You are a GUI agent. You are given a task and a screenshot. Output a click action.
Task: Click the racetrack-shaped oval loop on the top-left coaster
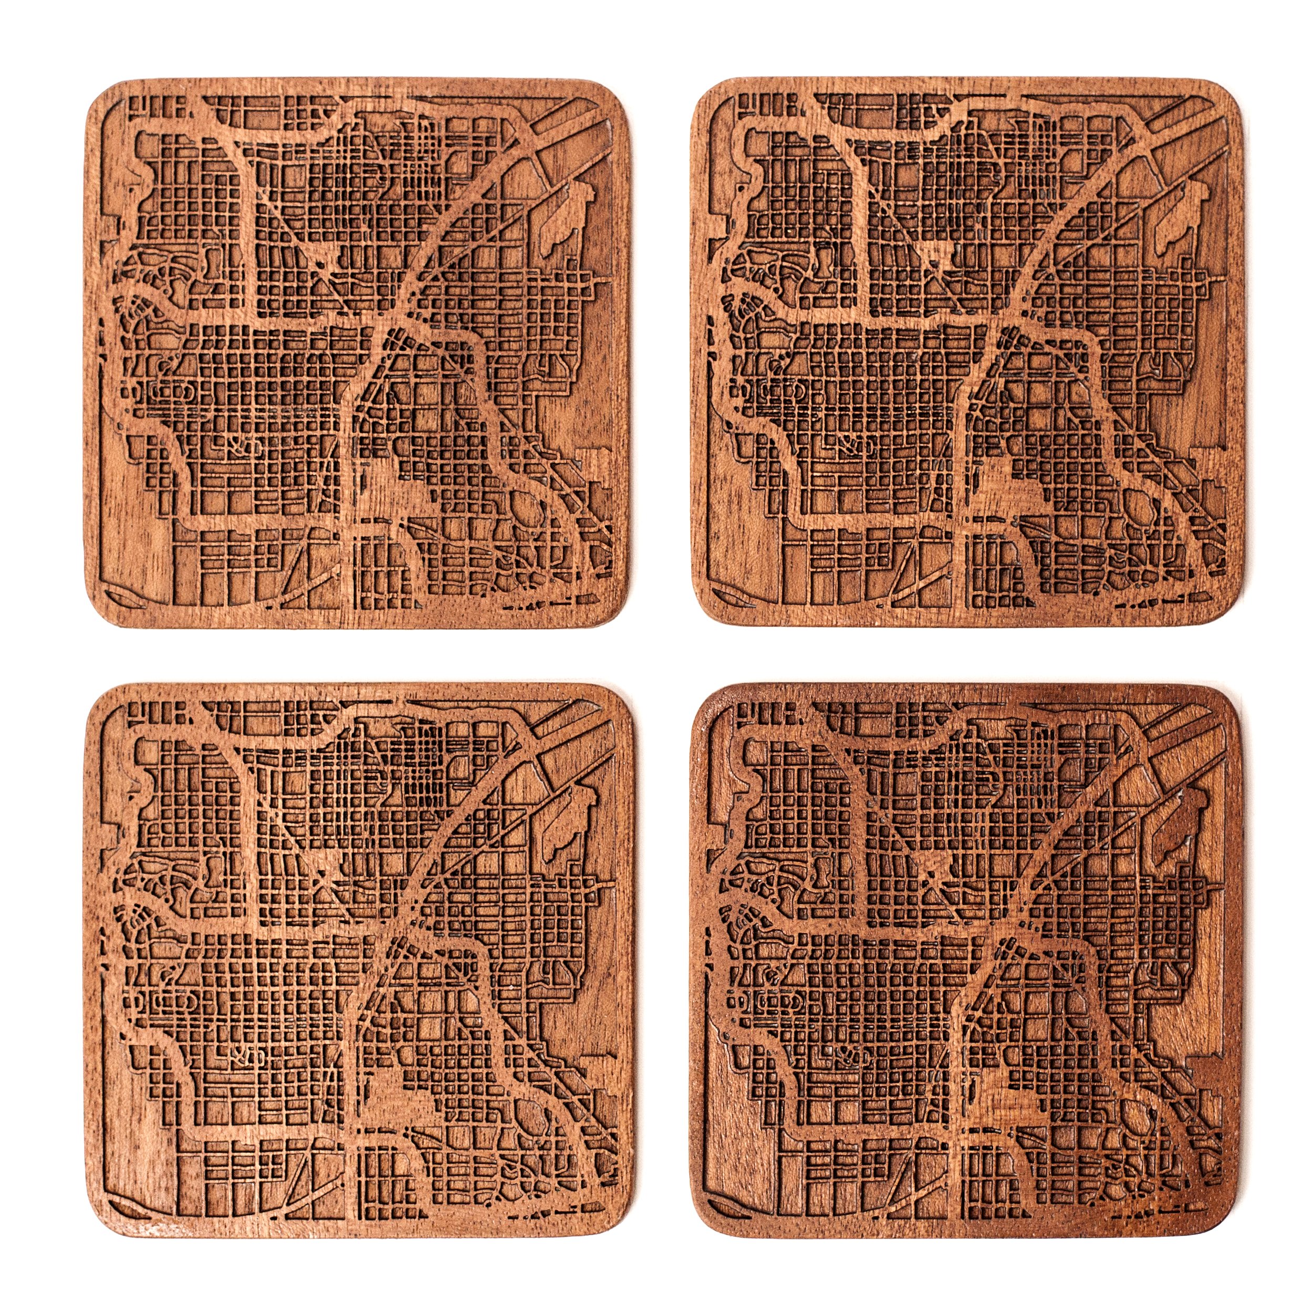173,392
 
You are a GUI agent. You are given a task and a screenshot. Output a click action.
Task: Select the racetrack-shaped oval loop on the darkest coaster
779,1001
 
